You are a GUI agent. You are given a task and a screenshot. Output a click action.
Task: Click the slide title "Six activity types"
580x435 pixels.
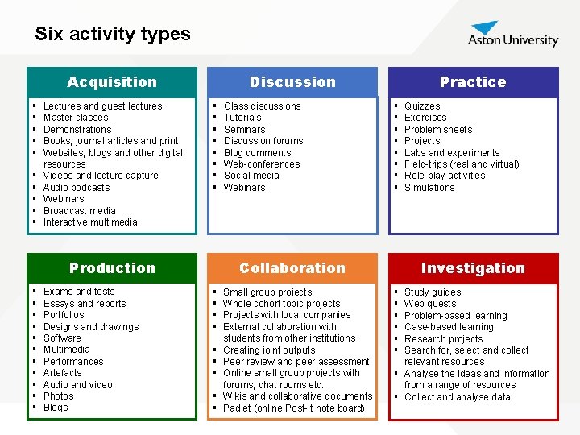tap(113, 34)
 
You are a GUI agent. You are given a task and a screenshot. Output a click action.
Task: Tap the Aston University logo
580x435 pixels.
tap(513, 35)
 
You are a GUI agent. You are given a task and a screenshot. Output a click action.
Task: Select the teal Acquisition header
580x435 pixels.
tap(112, 82)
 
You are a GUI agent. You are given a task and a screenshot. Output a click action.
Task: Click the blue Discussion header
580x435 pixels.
tap(292, 82)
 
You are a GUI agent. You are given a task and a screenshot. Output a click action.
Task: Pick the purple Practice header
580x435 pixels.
tap(473, 82)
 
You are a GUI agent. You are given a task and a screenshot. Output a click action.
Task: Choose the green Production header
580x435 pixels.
tap(112, 268)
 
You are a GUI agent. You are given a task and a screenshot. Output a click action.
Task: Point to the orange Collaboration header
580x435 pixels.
tap(292, 268)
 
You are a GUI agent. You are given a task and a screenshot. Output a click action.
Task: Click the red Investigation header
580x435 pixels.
tap(473, 268)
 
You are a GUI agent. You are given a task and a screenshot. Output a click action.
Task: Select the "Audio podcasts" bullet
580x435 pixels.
tap(77, 188)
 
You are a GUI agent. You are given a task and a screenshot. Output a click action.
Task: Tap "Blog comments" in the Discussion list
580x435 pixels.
tap(257, 152)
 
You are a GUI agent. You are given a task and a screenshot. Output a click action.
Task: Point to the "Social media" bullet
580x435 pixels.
tap(251, 176)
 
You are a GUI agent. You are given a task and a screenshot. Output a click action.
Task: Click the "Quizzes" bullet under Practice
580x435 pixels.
tap(422, 106)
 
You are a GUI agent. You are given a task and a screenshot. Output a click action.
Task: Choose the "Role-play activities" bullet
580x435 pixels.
tap(445, 176)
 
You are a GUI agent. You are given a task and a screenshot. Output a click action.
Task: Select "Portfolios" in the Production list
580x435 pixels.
tap(64, 315)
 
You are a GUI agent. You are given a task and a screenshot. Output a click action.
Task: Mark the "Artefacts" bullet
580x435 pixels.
tap(63, 373)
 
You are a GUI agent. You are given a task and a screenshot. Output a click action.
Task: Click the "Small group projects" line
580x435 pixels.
tap(267, 292)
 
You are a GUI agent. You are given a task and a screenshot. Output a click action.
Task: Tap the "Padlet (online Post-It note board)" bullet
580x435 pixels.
tap(294, 408)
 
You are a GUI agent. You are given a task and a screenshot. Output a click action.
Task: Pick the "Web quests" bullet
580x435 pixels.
tap(430, 304)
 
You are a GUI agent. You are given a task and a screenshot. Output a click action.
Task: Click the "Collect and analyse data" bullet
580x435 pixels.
tap(457, 397)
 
